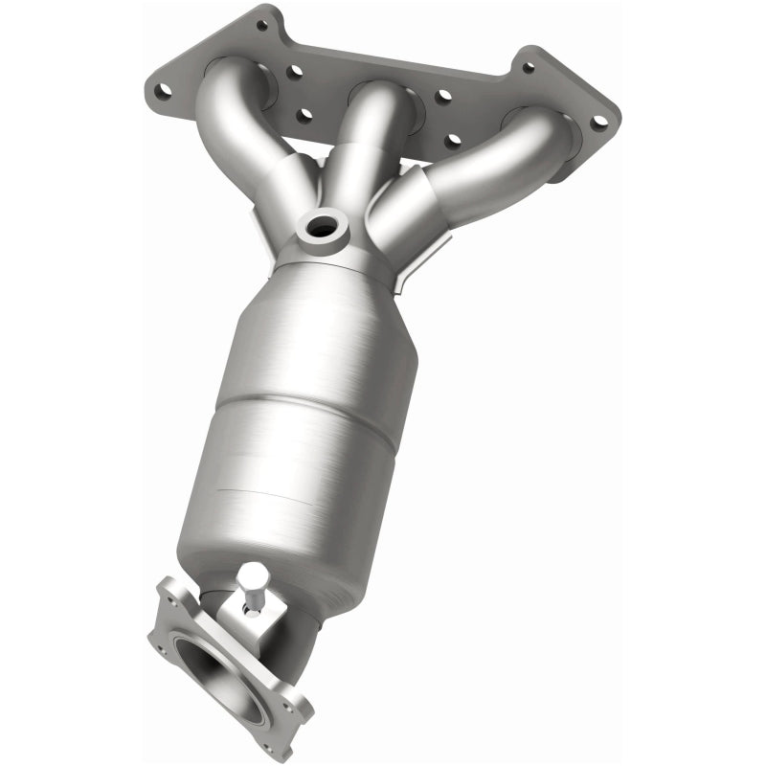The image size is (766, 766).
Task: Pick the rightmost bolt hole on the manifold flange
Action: click(598, 123)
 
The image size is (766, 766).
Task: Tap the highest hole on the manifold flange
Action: click(261, 25)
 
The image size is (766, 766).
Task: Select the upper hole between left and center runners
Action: click(296, 70)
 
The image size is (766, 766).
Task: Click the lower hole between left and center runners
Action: click(304, 116)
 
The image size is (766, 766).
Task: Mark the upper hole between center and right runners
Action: click(442, 97)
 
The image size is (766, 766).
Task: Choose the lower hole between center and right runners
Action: click(452, 141)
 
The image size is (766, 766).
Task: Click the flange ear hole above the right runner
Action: click(527, 68)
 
